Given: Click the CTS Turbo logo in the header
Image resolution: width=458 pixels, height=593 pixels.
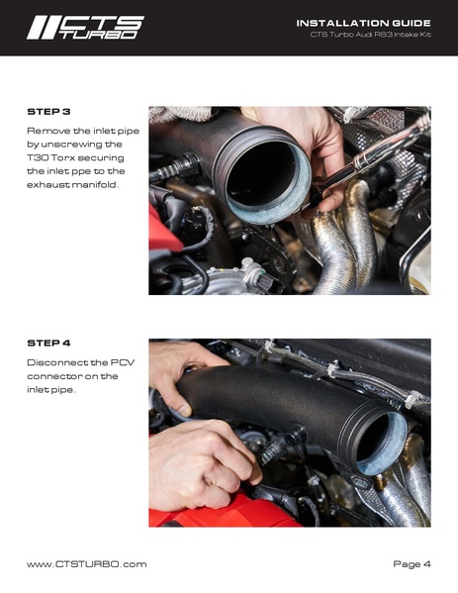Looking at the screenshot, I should pyautogui.click(x=84, y=27).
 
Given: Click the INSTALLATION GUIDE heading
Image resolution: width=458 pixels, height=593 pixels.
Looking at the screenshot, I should pyautogui.click(x=363, y=22).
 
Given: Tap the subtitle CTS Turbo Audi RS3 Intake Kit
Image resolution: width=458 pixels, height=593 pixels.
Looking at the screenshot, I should pyautogui.click(x=370, y=37).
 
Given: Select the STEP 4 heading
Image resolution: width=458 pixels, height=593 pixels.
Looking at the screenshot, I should pyautogui.click(x=47, y=343).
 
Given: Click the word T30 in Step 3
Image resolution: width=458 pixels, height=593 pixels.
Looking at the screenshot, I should pyautogui.click(x=38, y=157).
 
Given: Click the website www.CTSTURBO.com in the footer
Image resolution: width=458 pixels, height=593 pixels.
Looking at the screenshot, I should pyautogui.click(x=86, y=563).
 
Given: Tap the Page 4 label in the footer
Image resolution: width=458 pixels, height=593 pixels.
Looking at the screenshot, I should pyautogui.click(x=412, y=563).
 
